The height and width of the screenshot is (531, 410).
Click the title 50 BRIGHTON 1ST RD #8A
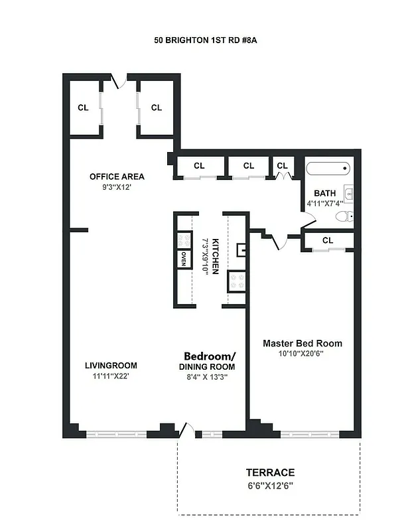tap(205, 40)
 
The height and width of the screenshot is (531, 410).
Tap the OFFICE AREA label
tap(117, 177)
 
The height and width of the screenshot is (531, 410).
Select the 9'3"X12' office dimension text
tap(117, 188)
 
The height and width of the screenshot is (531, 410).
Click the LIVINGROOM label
tap(111, 365)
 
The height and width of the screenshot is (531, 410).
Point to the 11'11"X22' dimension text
tap(111, 376)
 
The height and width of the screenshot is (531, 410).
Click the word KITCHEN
tap(215, 258)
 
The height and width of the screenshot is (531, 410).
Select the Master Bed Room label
tap(303, 343)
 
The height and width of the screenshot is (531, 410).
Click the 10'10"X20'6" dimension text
tap(303, 354)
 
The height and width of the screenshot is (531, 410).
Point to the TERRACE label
tap(270, 473)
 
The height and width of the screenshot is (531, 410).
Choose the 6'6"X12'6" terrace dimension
tap(270, 485)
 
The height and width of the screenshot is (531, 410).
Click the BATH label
tap(325, 193)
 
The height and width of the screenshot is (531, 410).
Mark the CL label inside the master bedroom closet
tap(328, 240)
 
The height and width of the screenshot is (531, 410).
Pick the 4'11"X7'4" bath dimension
tap(325, 204)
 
